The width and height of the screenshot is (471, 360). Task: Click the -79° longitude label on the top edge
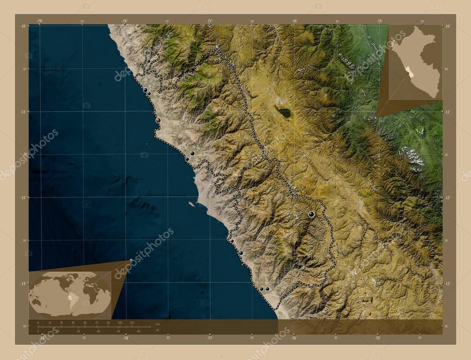point(40,21)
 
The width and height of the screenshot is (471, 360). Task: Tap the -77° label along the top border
point(210,21)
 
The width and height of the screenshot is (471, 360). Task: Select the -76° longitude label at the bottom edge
point(293,338)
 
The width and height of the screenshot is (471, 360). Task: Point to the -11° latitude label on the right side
point(447,112)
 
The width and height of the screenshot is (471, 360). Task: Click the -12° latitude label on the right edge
point(447,198)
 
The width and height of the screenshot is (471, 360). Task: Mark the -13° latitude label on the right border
point(447,284)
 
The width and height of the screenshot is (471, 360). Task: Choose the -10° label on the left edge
point(23,26)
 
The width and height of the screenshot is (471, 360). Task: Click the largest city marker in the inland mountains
point(311,214)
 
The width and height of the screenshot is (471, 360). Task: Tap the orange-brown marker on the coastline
point(158,120)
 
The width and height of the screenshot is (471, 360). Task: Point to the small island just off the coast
point(191,204)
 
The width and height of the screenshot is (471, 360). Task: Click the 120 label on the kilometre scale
point(132,323)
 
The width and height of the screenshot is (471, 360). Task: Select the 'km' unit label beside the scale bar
point(157,324)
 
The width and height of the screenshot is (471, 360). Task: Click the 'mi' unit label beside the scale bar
point(157,330)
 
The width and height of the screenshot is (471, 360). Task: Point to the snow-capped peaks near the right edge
point(413,158)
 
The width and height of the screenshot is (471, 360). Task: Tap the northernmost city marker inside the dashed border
point(149,61)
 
